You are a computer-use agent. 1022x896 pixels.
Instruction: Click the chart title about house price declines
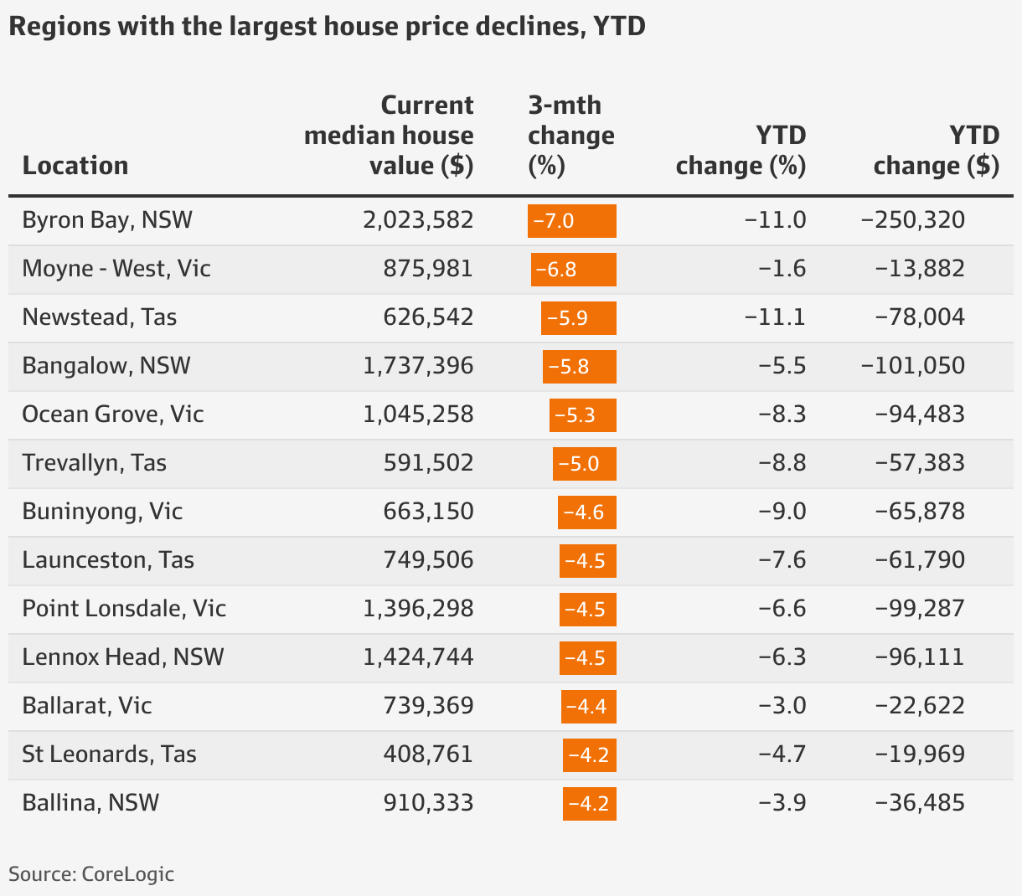click(x=327, y=27)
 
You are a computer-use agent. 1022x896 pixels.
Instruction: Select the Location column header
click(x=75, y=165)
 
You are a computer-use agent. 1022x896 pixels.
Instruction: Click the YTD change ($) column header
click(x=936, y=151)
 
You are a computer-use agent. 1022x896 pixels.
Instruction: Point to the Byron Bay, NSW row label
click(x=107, y=220)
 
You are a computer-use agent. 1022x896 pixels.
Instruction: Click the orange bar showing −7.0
click(x=572, y=221)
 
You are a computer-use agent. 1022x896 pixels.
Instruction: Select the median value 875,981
click(x=428, y=269)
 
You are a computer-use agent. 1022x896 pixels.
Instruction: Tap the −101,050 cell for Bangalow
click(x=913, y=366)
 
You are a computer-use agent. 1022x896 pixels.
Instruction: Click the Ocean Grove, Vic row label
click(x=113, y=415)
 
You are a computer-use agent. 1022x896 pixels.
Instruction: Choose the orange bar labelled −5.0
click(x=584, y=464)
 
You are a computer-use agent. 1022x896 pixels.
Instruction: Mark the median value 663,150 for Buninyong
click(x=428, y=512)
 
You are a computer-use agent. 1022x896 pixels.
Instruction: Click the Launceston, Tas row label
click(x=108, y=560)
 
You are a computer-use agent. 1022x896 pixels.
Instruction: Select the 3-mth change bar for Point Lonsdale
click(x=587, y=610)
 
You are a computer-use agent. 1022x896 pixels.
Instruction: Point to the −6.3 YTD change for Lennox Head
click(x=782, y=657)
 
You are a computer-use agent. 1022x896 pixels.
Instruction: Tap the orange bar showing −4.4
click(x=588, y=707)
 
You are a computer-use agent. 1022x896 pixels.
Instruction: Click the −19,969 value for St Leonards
click(x=920, y=754)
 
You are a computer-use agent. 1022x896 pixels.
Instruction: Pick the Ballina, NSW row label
click(x=90, y=803)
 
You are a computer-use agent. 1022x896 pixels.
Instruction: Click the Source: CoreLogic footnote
click(x=91, y=874)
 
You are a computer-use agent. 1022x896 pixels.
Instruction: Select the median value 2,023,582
click(x=418, y=220)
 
